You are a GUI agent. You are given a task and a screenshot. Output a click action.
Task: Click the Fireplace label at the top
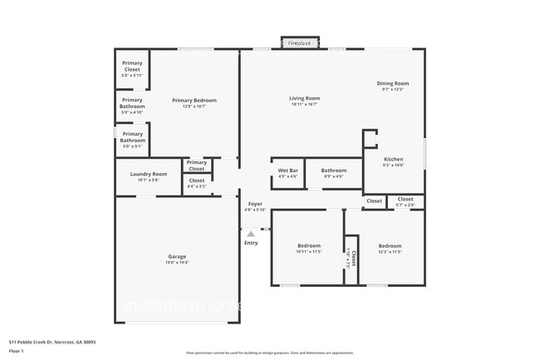pos(299,43)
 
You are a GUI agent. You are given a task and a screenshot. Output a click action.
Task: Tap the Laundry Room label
pos(148,176)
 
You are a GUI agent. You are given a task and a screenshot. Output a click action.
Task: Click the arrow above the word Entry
pos(251,234)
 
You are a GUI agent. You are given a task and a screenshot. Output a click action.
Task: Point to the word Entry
pos(251,243)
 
